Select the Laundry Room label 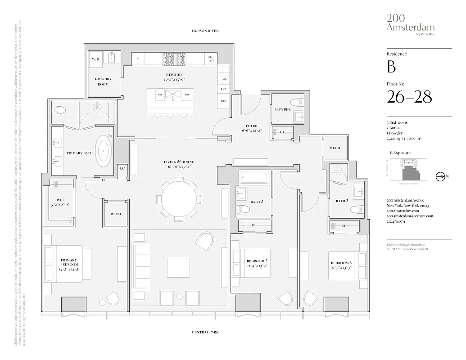(103, 81)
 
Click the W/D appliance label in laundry (95, 59)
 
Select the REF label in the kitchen (223, 101)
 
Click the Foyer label (251, 126)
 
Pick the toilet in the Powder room (296, 102)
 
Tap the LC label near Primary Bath (122, 169)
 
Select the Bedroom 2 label (257, 261)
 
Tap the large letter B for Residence (391, 67)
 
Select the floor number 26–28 (409, 97)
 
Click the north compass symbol (440, 176)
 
